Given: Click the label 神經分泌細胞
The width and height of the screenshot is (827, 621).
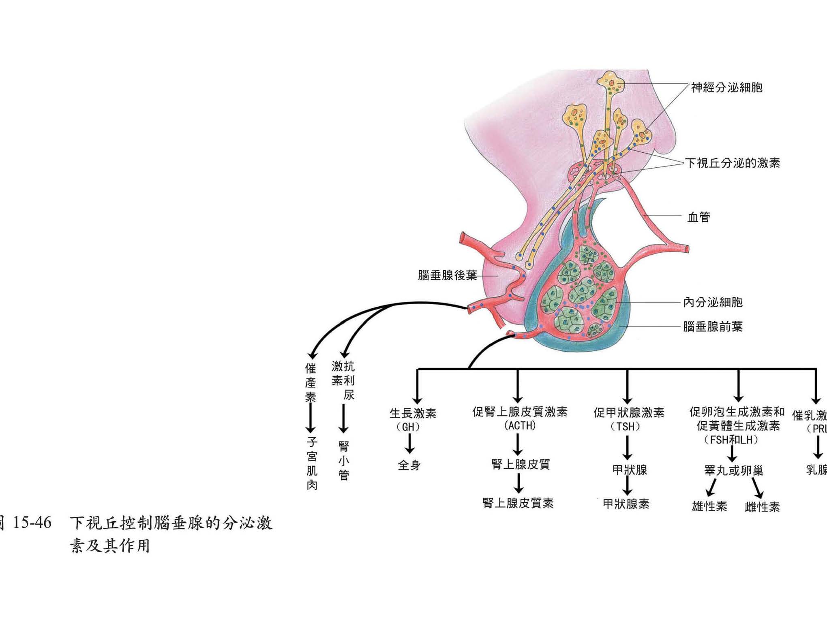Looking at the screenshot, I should click(x=726, y=87).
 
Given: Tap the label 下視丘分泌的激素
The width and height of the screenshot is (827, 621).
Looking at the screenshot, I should click(x=732, y=163).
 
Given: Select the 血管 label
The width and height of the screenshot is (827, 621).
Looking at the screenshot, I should click(x=698, y=217).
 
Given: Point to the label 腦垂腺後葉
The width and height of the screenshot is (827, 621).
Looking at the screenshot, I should click(x=447, y=275).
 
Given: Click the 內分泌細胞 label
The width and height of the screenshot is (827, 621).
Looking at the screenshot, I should click(x=713, y=302).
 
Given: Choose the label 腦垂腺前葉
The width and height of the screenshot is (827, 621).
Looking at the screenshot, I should click(x=713, y=327).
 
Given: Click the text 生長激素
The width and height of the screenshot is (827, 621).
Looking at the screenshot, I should click(x=413, y=413).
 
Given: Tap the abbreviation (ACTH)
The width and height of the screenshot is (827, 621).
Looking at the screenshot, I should click(x=520, y=426).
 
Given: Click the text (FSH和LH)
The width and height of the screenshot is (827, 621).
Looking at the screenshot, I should click(x=731, y=440).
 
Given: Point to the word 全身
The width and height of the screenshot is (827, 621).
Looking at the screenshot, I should click(x=409, y=465).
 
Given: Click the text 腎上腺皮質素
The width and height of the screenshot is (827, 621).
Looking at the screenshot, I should click(x=518, y=503).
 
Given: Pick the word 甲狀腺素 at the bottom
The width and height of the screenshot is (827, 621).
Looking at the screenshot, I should click(x=626, y=504).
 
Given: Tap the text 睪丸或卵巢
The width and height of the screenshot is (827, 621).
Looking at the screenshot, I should click(x=734, y=471).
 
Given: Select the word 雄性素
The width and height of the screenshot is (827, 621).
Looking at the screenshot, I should click(x=709, y=506).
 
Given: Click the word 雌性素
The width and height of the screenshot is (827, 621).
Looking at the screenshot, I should click(x=762, y=507).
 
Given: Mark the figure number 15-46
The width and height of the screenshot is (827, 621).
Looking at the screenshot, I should click(x=32, y=523).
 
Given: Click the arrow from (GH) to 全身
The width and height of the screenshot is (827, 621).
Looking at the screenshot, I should click(x=409, y=443).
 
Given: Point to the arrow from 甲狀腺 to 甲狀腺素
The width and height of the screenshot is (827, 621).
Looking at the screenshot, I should click(x=627, y=486).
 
